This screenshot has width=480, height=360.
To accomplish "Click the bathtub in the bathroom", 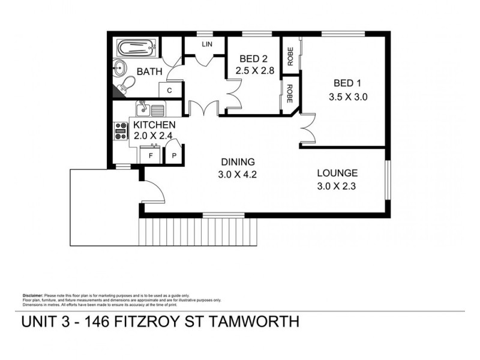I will pyautogui.click(x=136, y=47).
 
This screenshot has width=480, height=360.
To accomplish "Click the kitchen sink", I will pyautogui.click(x=143, y=109).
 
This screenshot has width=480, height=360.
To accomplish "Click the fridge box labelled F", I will pyautogui.click(x=149, y=155).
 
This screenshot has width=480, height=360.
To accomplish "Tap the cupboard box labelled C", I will pyautogui.click(x=170, y=90).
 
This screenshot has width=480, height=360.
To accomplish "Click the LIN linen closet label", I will pyautogui.click(x=207, y=45).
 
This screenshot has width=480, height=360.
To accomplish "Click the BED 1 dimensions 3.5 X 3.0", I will pyautogui.click(x=347, y=96).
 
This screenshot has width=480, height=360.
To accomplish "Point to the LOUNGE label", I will pyautogui.click(x=337, y=173).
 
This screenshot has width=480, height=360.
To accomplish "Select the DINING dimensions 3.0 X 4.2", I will pyautogui.click(x=238, y=175).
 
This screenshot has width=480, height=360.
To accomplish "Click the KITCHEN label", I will pyautogui.click(x=154, y=124).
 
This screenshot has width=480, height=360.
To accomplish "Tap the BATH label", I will pyautogui.click(x=150, y=72).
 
